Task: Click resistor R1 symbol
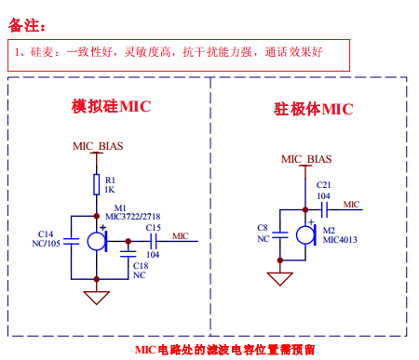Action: click(97, 184)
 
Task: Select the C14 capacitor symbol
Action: click(71, 242)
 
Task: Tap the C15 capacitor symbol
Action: click(153, 241)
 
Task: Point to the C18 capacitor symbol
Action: click(128, 254)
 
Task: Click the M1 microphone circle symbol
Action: click(97, 241)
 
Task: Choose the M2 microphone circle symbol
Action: click(305, 235)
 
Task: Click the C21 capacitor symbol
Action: click(324, 210)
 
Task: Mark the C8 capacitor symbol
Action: click(280, 235)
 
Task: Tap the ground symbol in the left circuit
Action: click(97, 298)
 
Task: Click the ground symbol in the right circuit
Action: click(280, 279)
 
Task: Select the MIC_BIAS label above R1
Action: click(98, 146)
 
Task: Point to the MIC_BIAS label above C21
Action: click(306, 159)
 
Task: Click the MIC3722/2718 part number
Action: click(133, 217)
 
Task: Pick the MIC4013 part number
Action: click(340, 240)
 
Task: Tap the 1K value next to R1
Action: click(110, 190)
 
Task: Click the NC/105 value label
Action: click(46, 244)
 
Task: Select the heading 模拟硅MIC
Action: click(111, 106)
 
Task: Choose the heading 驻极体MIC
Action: click(314, 109)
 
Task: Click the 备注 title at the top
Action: click(27, 25)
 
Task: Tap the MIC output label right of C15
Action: click(181, 236)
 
